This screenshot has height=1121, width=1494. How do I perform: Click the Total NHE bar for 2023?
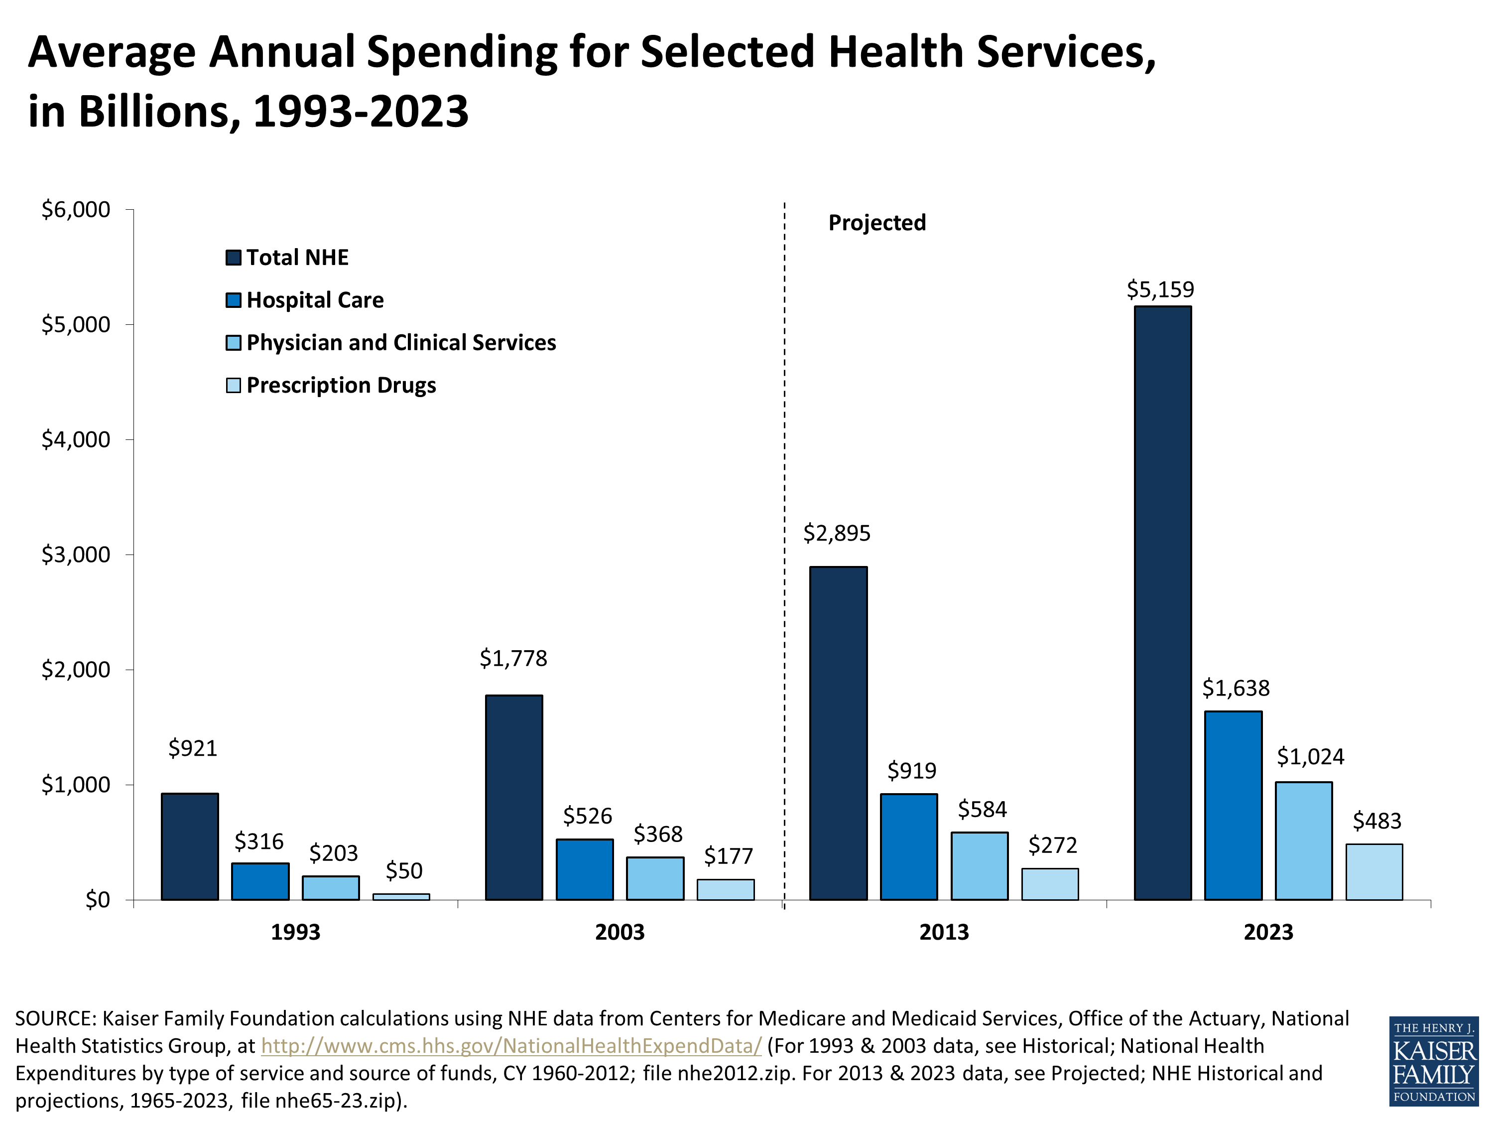click(1162, 603)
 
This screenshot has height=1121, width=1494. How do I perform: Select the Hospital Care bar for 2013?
click(908, 846)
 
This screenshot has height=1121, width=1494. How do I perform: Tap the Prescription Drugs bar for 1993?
click(401, 897)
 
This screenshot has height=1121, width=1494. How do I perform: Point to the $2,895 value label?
click(836, 534)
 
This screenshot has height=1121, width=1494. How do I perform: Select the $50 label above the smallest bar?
click(404, 870)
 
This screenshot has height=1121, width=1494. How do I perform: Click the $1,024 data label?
click(1310, 757)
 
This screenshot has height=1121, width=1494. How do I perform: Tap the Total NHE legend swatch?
click(233, 258)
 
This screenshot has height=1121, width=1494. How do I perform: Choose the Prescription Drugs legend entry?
click(341, 385)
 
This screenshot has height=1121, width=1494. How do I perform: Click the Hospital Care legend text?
click(315, 300)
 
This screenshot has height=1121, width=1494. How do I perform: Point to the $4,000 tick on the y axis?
click(76, 440)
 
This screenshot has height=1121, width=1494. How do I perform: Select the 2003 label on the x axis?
click(620, 933)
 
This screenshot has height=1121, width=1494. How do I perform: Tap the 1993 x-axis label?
click(295, 933)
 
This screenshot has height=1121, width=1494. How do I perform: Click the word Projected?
click(876, 223)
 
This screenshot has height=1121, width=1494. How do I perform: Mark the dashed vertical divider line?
click(784, 473)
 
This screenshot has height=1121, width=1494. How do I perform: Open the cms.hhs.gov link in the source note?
click(511, 1046)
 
